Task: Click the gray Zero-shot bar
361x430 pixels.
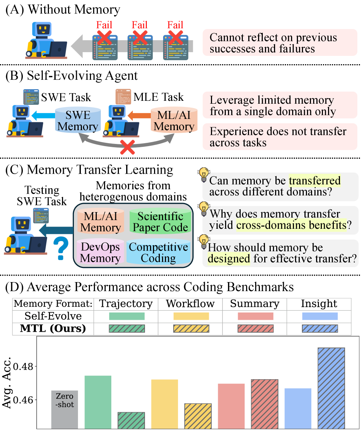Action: point(65,409)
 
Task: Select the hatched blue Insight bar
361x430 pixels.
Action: point(331,388)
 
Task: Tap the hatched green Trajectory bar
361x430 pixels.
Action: point(131,420)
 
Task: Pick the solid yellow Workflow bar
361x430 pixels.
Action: point(165,404)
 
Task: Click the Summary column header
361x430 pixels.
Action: point(254,304)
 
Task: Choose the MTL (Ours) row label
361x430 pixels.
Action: point(53,328)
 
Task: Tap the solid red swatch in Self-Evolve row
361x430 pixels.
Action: point(255,316)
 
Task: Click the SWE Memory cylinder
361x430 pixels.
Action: point(78,120)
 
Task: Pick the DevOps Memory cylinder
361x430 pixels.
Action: point(100,252)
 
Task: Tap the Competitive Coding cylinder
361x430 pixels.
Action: point(158,252)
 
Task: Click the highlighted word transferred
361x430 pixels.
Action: point(315,180)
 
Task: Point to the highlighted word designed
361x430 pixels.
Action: point(229,259)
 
